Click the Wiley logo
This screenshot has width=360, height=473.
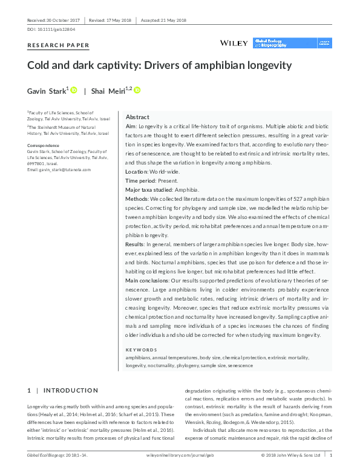(233, 43)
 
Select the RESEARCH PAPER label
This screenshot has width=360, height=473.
(59, 45)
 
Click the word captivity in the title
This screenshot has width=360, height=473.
(125, 65)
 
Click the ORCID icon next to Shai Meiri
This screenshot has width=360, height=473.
(137, 90)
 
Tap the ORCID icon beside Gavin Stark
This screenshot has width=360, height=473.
(74, 90)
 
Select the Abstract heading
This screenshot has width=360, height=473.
(138, 117)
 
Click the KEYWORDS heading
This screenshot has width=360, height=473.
(141, 350)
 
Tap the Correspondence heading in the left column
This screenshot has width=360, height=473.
(44, 146)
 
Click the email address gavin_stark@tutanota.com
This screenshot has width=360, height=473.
(59, 170)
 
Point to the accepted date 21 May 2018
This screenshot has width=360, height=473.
(173, 20)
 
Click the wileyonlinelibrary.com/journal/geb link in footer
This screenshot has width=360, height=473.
(180, 454)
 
